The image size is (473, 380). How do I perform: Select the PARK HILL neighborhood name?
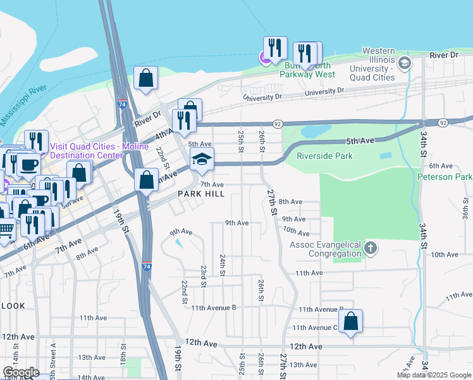click(x=200, y=194)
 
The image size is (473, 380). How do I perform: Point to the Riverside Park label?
click(x=324, y=155)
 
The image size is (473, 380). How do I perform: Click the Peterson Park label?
click(x=445, y=177)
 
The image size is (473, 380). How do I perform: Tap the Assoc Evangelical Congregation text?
click(x=326, y=250)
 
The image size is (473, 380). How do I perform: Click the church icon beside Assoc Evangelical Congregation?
click(x=371, y=248)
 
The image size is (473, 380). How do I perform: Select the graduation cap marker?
click(x=202, y=159)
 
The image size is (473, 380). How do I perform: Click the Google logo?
click(x=20, y=372)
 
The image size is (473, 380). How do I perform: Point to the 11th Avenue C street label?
click(x=314, y=327)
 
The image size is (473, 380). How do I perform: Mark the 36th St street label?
click(x=465, y=207)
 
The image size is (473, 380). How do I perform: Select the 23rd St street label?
click(x=204, y=275)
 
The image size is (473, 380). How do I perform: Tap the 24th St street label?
click(x=223, y=265)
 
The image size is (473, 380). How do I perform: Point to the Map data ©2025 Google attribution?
click(x=433, y=375)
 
